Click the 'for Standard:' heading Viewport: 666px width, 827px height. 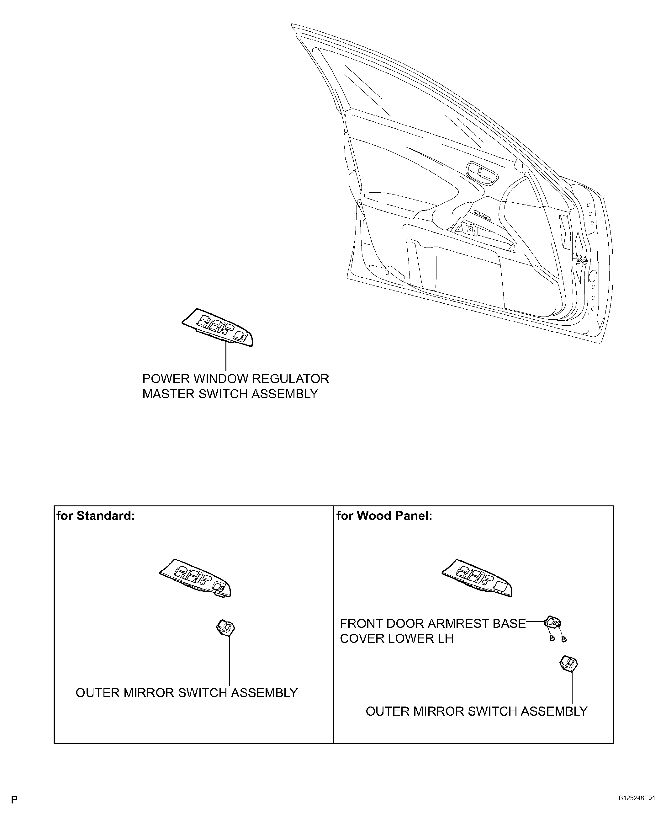(96, 515)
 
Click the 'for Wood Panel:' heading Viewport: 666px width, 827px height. (384, 515)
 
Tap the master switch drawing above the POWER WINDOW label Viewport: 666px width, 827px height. (217, 327)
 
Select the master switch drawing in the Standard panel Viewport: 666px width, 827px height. (195, 578)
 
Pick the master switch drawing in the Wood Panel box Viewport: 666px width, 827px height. (477, 578)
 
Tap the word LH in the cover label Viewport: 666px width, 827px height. (445, 638)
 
